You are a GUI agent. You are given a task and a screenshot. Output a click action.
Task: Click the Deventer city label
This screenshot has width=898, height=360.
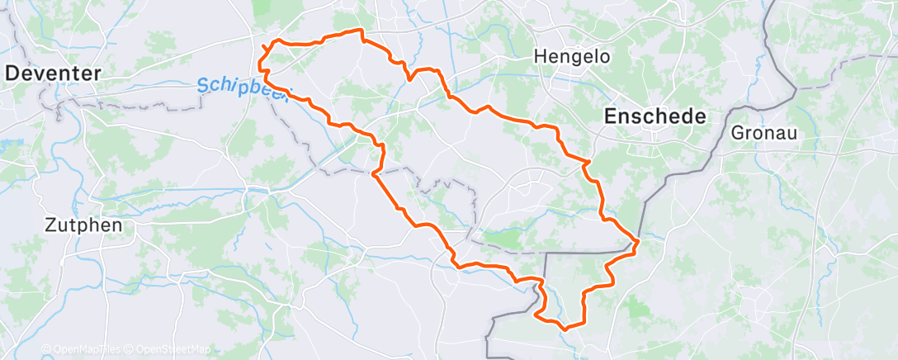point(54,73)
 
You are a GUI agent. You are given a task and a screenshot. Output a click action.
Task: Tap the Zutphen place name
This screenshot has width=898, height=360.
point(83,225)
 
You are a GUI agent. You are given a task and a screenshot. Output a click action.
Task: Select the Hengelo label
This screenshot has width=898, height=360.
point(572,57)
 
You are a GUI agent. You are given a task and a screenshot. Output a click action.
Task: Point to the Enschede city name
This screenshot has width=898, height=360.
point(655,116)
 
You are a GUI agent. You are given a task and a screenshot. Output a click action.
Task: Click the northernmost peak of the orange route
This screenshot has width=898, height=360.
point(360,30)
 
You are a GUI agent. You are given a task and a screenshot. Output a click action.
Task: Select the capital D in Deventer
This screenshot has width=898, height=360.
point(12,73)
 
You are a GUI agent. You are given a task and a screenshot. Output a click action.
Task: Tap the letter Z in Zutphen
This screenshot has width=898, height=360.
point(50,225)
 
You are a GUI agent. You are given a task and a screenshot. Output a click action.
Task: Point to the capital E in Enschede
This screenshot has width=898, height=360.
point(611,116)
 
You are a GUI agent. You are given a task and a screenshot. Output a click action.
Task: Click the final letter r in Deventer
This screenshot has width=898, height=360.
point(98,73)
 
